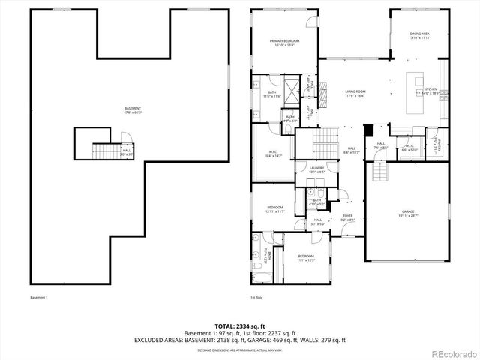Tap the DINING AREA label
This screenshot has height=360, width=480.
tap(419, 35)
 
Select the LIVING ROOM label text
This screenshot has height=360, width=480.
tap(354, 94)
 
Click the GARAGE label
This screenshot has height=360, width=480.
tap(408, 214)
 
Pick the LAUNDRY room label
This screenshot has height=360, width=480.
tap(316, 170)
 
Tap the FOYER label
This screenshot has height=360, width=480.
tap(347, 217)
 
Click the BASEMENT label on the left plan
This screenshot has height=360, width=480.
tap(132, 110)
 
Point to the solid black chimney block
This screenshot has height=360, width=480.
tap(367, 130)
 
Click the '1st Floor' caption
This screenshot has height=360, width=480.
tap(257, 297)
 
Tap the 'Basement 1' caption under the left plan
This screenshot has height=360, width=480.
tap(39, 297)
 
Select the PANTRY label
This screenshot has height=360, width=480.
tap(440, 142)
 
